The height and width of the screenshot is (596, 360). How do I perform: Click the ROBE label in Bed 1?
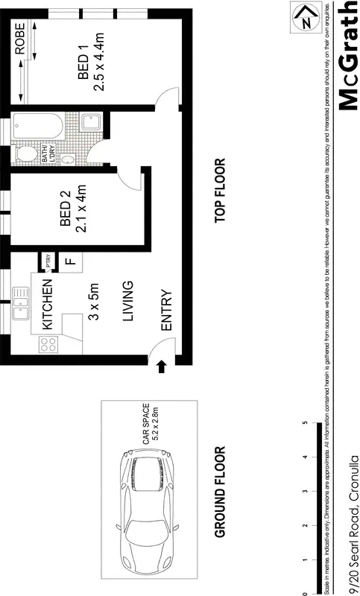coord(21,38)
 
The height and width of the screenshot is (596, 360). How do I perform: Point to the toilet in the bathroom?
coord(25,154)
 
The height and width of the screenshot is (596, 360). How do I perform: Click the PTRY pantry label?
coord(48,261)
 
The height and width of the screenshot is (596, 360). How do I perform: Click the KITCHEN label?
coord(47,305)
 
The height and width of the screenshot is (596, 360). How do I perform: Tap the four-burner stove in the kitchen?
coord(48,344)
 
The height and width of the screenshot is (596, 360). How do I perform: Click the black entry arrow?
coord(162,365)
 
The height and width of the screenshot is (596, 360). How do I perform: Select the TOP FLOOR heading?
coord(219,191)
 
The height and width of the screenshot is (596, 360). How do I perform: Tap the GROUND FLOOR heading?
coord(219,492)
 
